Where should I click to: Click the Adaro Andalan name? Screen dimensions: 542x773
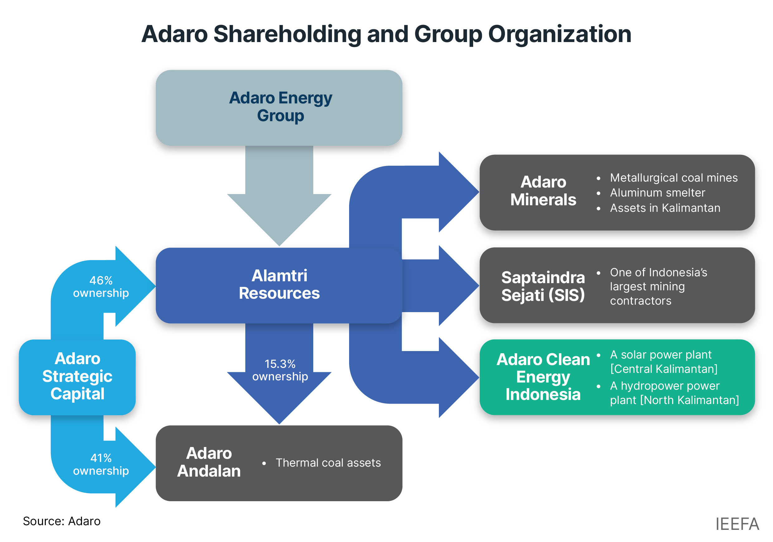209,462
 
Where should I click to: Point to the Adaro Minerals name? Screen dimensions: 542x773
543,191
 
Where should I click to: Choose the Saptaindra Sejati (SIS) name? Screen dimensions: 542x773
543,286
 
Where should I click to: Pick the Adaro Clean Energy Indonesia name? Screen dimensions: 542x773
543,377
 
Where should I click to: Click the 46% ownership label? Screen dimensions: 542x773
101,287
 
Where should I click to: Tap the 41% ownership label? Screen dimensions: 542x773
101,464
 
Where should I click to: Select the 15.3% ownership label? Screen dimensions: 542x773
280,370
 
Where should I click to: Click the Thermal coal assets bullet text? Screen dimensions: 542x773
328,463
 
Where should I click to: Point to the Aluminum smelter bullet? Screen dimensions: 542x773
658,193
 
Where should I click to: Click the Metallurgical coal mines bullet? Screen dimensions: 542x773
674,178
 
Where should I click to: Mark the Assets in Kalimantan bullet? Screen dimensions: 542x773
665,208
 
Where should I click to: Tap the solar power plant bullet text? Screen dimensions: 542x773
663,362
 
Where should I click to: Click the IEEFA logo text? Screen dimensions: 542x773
737,524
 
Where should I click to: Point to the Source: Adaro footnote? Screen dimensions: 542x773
62,521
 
